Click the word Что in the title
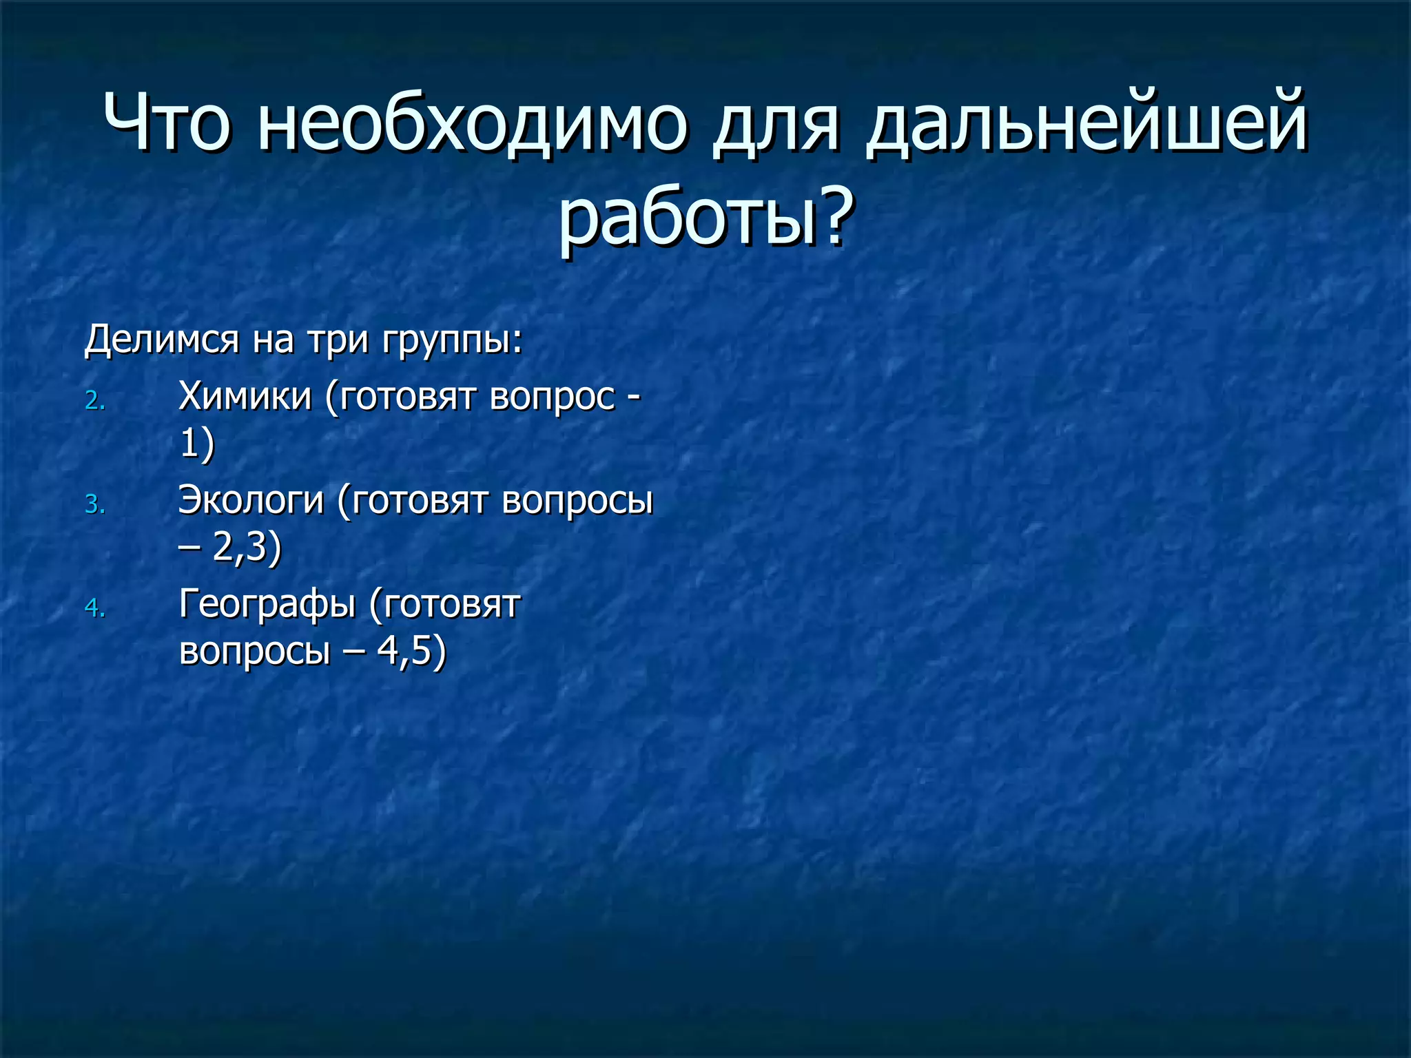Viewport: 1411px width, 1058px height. click(165, 123)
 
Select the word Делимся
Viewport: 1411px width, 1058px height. click(161, 340)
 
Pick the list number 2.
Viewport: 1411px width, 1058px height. click(94, 401)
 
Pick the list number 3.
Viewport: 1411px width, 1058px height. click(94, 505)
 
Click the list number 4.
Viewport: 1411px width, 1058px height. click(94, 608)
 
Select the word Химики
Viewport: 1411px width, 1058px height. click(245, 396)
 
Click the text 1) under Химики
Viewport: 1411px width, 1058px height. click(196, 444)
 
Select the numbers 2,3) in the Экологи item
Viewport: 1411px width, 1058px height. click(247, 548)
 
